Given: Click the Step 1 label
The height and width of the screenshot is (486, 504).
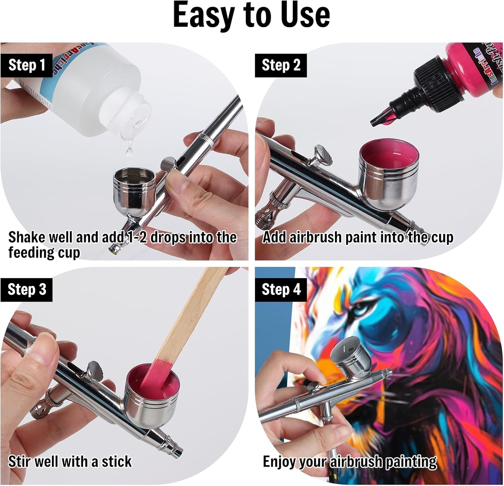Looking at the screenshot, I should [27, 65].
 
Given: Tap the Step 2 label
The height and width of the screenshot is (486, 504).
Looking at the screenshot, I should [281, 65].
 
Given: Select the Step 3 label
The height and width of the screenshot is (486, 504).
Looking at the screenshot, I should [27, 290].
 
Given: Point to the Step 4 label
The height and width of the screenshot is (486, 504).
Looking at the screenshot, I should [281, 290].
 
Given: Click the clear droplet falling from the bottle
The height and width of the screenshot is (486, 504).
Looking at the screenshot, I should [129, 150].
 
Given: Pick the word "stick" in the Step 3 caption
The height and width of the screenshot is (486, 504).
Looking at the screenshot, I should [117, 461].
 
